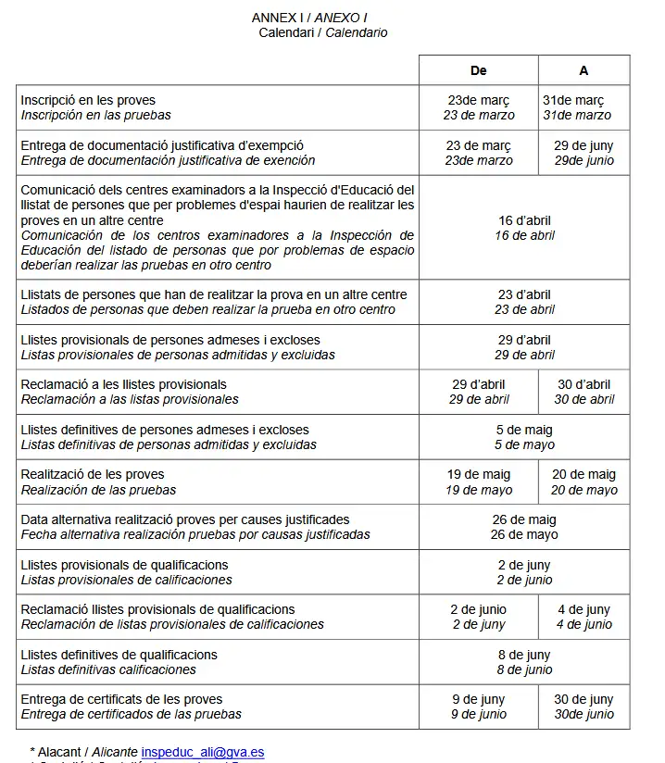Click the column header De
(478, 70)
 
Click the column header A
(583, 70)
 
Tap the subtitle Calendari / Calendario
(322, 32)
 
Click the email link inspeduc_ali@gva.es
(203, 752)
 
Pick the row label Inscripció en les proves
(89, 100)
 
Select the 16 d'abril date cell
(524, 228)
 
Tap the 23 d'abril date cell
(524, 302)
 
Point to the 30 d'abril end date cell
(583, 392)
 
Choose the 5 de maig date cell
(524, 437)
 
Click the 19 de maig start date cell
(478, 482)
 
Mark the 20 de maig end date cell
(583, 482)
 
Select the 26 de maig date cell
(524, 527)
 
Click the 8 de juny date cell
(524, 662)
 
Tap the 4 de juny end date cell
(583, 617)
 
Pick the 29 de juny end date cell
(583, 153)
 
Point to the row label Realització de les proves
(93, 474)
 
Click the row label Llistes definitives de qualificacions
(119, 655)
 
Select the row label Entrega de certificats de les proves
(122, 699)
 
